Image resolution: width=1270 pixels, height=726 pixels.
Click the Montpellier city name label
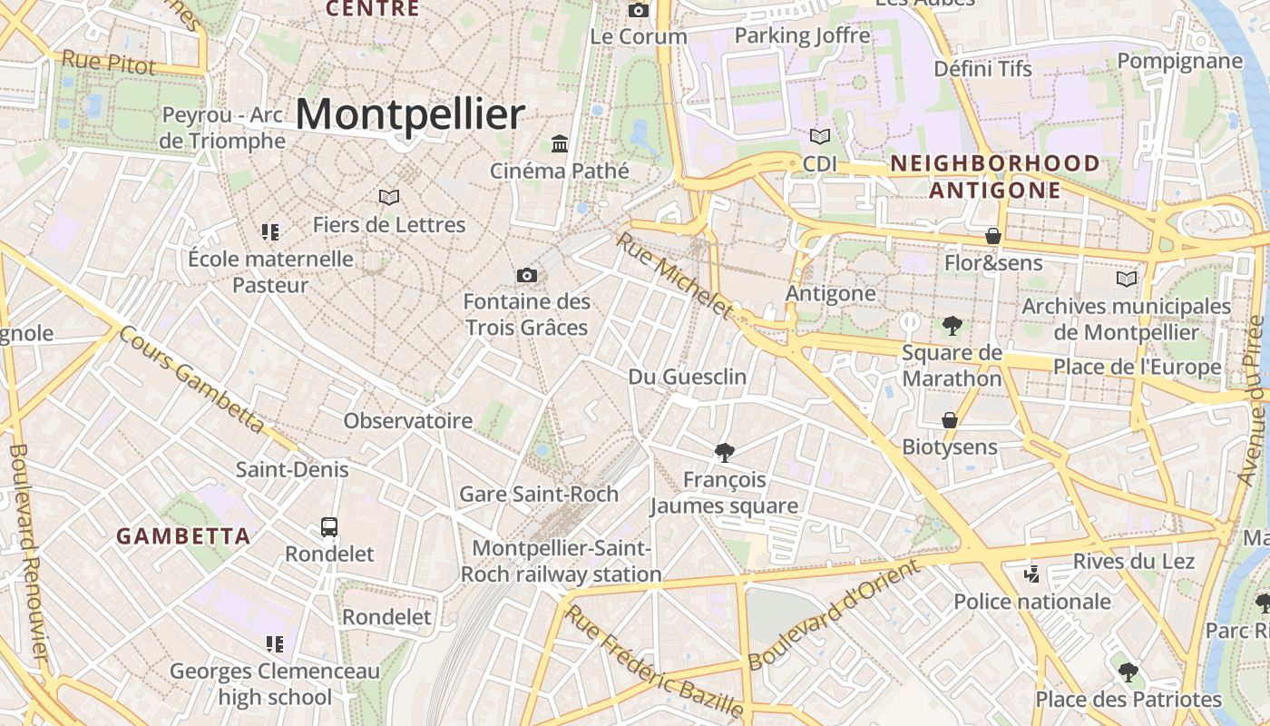click(x=410, y=115)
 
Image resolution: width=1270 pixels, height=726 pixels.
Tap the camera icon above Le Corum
click(x=639, y=10)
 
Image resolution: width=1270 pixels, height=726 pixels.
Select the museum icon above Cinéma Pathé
click(x=560, y=143)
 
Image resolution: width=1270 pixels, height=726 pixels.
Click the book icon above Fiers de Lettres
click(x=389, y=197)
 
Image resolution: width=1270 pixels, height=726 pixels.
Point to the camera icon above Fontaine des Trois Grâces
click(x=526, y=275)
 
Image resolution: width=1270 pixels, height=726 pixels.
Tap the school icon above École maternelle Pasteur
click(x=270, y=232)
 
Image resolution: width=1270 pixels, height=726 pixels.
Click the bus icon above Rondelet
click(x=329, y=526)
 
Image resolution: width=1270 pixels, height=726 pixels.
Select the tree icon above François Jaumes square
click(x=724, y=452)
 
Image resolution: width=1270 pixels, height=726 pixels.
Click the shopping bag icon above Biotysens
click(x=950, y=420)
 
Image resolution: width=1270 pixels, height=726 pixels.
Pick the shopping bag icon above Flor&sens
click(x=993, y=236)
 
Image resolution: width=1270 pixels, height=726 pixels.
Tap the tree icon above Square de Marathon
click(x=952, y=325)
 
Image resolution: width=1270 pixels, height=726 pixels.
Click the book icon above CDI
click(x=819, y=137)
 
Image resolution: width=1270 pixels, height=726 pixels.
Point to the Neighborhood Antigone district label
click(x=995, y=177)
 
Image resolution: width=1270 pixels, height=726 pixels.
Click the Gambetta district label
click(x=183, y=536)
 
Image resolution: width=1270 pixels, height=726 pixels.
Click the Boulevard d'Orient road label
click(x=834, y=614)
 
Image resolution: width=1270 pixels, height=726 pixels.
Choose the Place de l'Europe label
click(x=1138, y=367)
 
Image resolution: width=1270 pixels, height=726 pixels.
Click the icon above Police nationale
click(x=1031, y=574)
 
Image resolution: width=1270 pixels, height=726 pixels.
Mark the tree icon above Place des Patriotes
click(x=1128, y=672)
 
